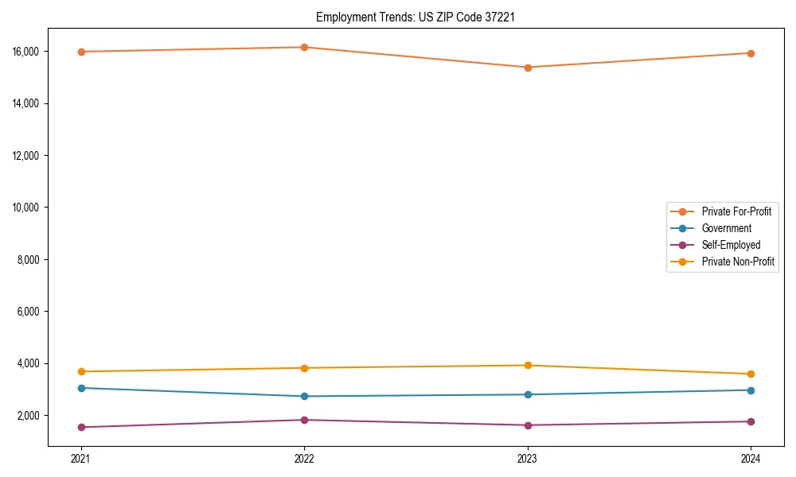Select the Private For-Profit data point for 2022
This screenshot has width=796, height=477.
click(x=304, y=47)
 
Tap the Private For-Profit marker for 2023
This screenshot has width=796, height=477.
click(x=528, y=68)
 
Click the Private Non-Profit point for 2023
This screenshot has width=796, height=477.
click(x=528, y=366)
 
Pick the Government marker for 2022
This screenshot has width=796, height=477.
click(x=304, y=396)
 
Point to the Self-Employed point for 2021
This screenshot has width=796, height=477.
click(x=80, y=427)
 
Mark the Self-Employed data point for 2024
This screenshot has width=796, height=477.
click(x=751, y=421)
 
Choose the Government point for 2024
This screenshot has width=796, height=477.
click(x=751, y=390)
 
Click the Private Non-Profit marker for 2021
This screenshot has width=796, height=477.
click(x=80, y=371)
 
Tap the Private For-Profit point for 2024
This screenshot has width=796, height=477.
click(x=751, y=53)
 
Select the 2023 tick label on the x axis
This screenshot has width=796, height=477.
click(x=528, y=459)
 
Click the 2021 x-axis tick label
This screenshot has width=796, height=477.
click(x=80, y=459)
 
